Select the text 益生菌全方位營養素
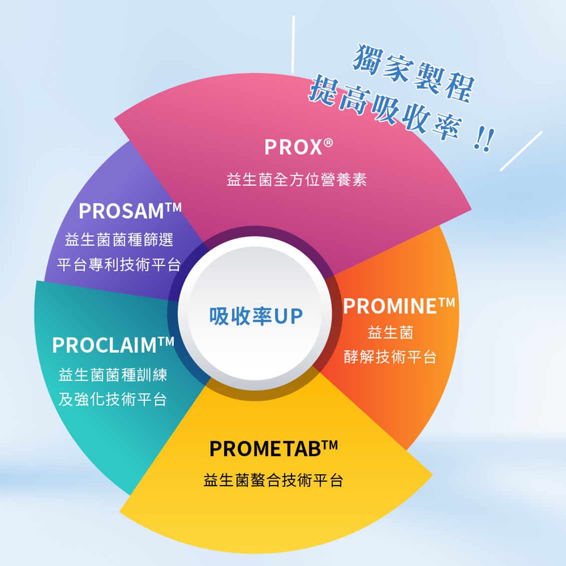tap(296, 180)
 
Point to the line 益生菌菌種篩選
tap(119, 240)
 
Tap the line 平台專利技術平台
tap(119, 265)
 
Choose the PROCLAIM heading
tap(106, 345)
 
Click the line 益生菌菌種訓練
tap(113, 375)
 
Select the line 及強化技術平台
tap(113, 399)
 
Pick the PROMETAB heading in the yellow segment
tap(266, 449)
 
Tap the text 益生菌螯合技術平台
tap(273, 481)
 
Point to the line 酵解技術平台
tap(390, 357)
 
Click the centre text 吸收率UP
tap(256, 316)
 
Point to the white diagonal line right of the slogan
tap(521, 151)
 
